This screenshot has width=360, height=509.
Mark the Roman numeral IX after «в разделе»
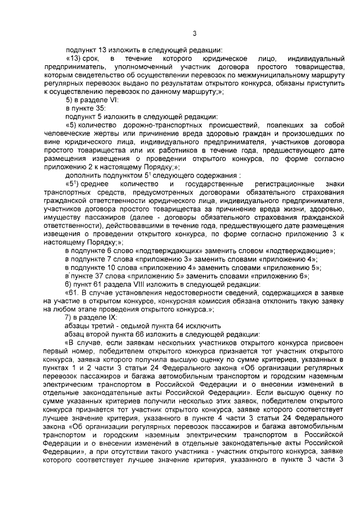111,318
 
